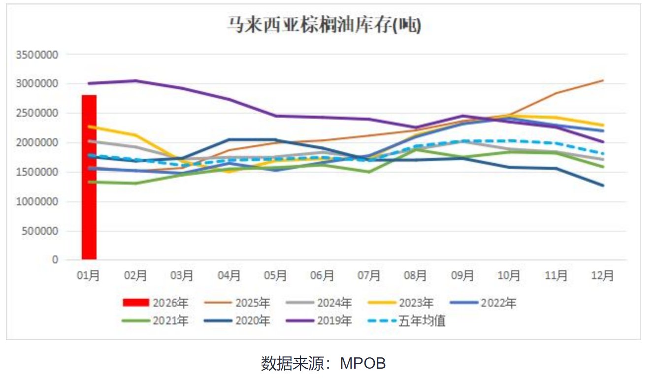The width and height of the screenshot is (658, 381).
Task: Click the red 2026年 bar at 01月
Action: click(89, 177)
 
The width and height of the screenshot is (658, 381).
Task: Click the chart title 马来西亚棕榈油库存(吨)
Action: click(324, 25)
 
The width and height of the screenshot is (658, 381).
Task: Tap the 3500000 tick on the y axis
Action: click(37, 55)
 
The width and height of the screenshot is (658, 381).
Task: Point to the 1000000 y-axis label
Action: click(37, 202)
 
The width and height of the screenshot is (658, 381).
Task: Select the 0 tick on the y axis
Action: click(55, 260)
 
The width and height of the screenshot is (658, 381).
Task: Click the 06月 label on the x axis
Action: click(322, 276)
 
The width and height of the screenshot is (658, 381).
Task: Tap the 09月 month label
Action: click(462, 276)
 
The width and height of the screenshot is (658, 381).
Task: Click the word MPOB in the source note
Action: click(363, 363)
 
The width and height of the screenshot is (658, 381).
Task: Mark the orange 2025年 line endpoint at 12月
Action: click(602, 80)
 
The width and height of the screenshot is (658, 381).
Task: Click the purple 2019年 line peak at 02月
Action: click(136, 81)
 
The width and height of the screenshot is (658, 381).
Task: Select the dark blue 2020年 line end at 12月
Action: click(602, 186)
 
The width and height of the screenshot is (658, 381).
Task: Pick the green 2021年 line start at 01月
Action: click(89, 182)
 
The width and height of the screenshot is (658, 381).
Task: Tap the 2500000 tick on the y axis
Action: click(37, 113)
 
